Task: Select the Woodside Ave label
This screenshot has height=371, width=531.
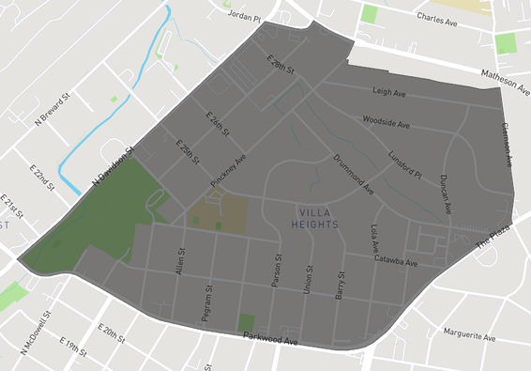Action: pos(387,122)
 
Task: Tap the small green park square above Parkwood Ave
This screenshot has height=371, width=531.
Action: pos(246,322)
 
